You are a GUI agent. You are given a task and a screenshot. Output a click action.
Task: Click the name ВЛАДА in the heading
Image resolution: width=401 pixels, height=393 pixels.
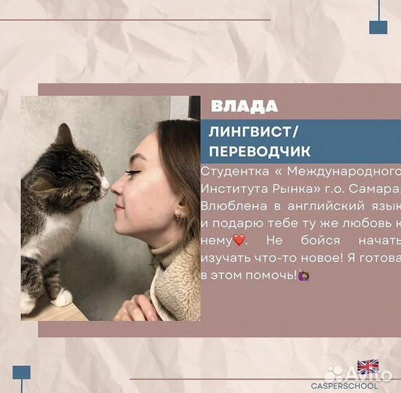click(245, 106)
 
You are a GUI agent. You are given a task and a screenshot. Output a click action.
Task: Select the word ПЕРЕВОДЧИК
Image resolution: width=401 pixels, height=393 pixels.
click(259, 151)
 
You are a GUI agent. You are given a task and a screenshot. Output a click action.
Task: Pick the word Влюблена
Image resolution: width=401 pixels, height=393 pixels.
click(231, 205)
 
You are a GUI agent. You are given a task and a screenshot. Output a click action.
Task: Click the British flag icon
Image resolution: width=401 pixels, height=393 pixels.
click(368, 367)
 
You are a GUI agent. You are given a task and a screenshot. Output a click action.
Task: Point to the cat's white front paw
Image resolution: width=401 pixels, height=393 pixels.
click(62, 297)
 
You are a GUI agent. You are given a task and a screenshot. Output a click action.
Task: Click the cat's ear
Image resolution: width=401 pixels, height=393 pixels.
click(65, 135)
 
